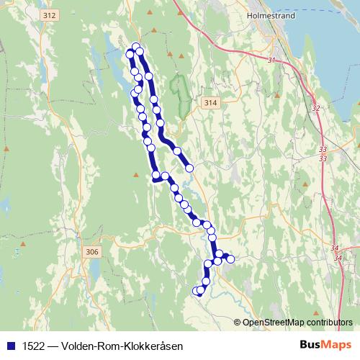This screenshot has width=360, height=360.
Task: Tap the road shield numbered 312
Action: pyautogui.click(x=49, y=15)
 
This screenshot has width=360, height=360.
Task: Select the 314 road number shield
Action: pyautogui.click(x=210, y=104)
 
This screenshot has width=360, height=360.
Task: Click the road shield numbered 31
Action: pyautogui.click(x=271, y=60)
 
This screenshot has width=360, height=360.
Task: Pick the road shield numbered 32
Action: pyautogui.click(x=315, y=108)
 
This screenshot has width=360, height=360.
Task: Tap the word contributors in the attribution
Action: pyautogui.click(x=329, y=322)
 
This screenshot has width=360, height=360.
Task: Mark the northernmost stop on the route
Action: pyautogui.click(x=135, y=47)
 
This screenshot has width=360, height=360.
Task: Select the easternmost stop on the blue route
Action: pyautogui.click(x=231, y=258)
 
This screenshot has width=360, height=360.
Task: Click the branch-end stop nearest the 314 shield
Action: pyautogui.click(x=189, y=168)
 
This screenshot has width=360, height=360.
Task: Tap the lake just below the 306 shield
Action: pyautogui.click(x=95, y=271)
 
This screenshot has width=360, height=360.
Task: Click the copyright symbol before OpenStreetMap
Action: pyautogui.click(x=238, y=322)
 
